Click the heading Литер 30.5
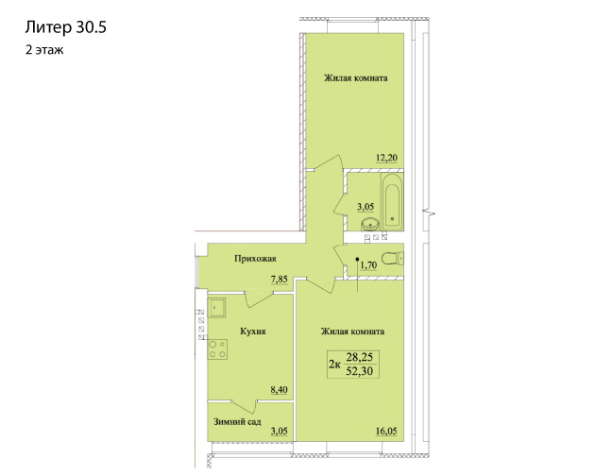66,27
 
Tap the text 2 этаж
44,50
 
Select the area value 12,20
386,158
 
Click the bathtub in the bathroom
392,201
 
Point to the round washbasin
370,224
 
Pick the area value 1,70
368,265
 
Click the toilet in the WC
392,259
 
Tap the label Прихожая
255,259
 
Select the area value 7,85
279,280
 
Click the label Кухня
253,331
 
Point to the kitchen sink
216,308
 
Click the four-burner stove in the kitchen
217,349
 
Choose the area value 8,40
279,389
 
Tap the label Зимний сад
237,422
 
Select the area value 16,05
386,432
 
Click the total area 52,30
360,371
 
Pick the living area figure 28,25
360,357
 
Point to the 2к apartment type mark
334,365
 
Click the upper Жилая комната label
355,78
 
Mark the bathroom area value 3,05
365,207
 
